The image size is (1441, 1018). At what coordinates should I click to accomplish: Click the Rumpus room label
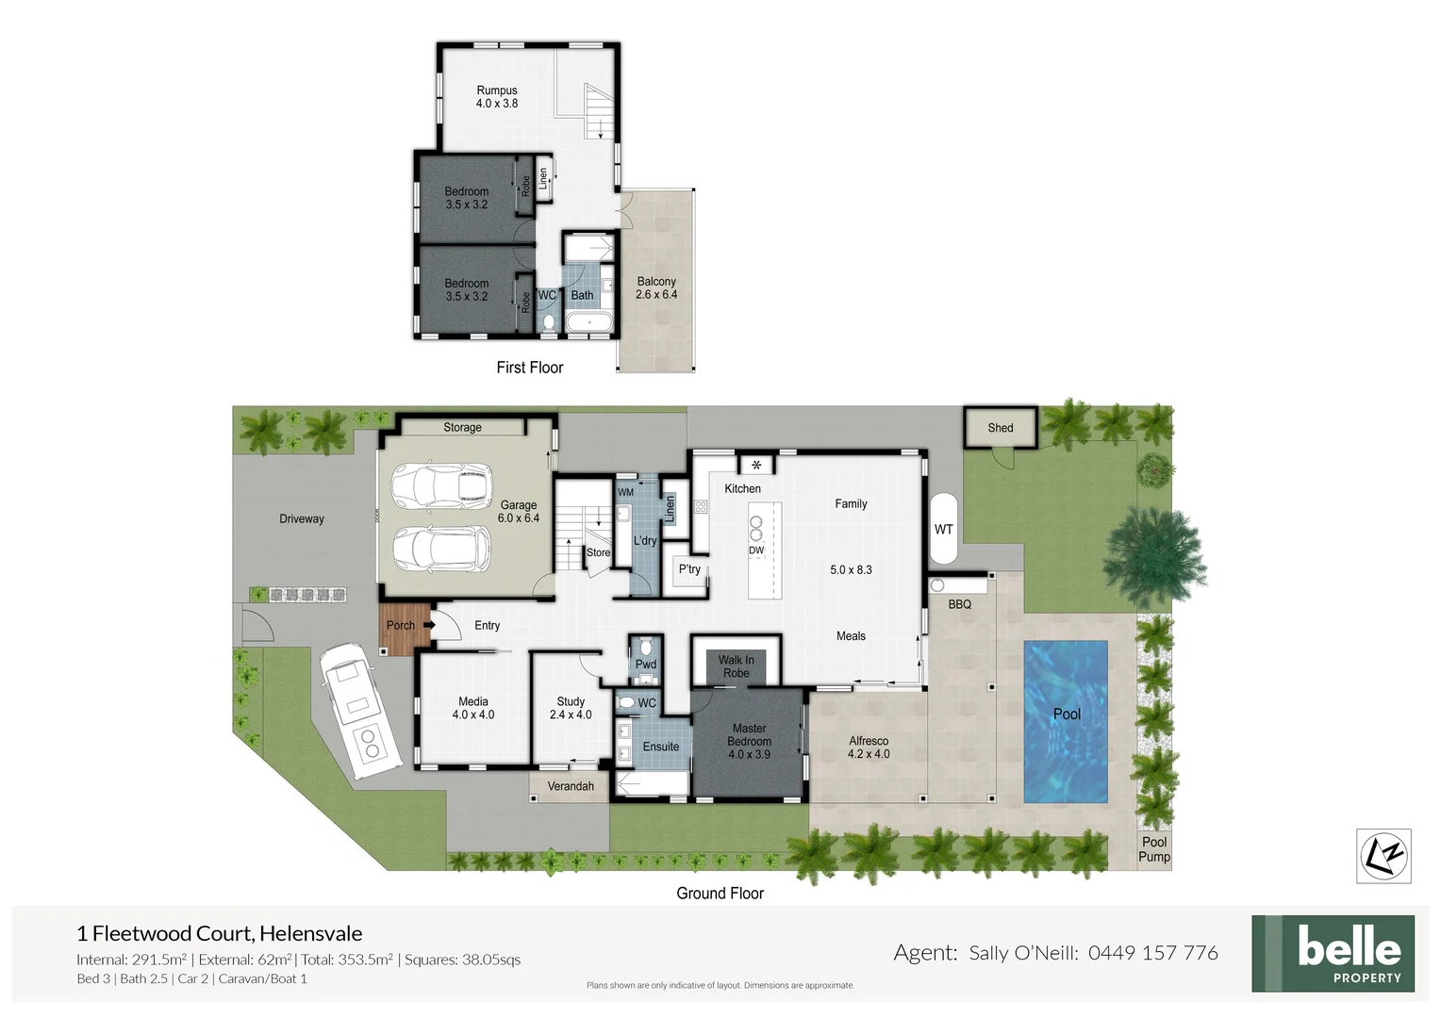click(496, 97)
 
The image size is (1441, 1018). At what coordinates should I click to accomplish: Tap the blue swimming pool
click(1066, 721)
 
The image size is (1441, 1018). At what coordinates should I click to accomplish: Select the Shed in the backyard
click(1000, 428)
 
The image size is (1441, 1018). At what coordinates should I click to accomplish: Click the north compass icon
click(1383, 856)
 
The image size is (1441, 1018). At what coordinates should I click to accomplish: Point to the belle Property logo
click(1333, 953)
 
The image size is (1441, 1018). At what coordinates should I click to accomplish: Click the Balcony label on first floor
click(656, 287)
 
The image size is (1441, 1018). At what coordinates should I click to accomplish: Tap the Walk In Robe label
click(736, 666)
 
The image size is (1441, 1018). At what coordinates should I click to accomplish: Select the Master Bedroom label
click(749, 741)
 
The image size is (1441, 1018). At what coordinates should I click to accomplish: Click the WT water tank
click(943, 529)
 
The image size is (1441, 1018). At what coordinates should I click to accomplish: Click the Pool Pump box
click(1153, 849)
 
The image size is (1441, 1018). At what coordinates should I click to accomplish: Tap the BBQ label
click(959, 604)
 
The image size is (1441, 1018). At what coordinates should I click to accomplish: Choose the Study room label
click(571, 708)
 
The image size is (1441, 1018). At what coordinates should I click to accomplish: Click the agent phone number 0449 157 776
click(1152, 953)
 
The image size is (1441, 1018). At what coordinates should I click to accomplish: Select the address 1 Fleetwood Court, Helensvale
click(219, 933)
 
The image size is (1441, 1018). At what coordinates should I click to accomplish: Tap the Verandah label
click(571, 786)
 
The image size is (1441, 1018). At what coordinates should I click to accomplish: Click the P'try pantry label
click(689, 569)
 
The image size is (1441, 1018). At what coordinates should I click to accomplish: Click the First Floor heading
click(529, 368)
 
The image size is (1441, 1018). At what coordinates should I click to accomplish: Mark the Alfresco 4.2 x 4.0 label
click(868, 747)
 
